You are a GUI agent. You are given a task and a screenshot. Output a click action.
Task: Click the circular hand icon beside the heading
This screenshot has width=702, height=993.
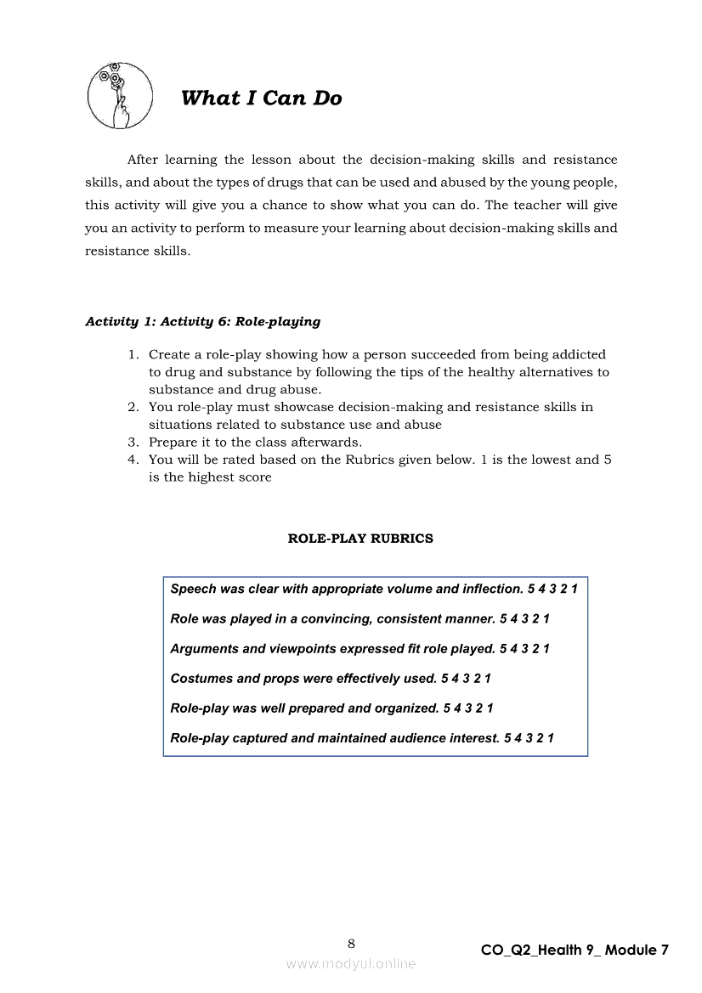[x=120, y=95]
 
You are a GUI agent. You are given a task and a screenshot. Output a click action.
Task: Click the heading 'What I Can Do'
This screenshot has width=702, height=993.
[x=261, y=99]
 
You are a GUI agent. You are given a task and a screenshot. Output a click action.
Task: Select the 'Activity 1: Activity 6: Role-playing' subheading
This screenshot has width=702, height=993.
[x=203, y=322]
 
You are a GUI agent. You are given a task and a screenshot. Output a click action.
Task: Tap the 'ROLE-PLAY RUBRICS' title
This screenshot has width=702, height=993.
[x=360, y=539]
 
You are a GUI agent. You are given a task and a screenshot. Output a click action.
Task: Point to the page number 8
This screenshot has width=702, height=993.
[x=351, y=943]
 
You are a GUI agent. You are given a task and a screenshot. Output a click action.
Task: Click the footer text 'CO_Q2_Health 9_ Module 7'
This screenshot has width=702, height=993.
[x=575, y=951]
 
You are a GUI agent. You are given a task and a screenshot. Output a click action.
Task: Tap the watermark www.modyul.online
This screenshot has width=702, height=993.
[x=351, y=964]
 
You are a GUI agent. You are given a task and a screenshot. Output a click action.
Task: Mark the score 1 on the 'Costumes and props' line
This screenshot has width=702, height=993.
[x=488, y=679]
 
